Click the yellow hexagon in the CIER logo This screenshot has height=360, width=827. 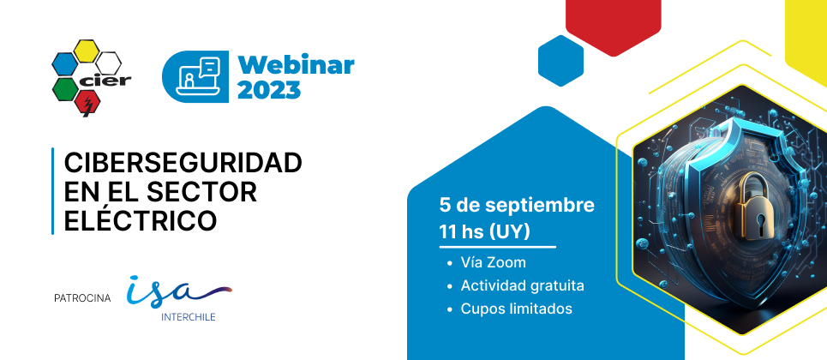(86, 51)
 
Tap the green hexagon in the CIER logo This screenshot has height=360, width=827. (65, 89)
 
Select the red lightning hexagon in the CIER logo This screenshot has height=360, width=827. (87, 102)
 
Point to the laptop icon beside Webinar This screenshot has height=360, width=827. (198, 76)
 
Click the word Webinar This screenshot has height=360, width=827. (296, 65)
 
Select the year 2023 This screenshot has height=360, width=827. (269, 90)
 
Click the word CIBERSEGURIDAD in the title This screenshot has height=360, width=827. (183, 163)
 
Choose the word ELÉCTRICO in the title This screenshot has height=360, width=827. (141, 220)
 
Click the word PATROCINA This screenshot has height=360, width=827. (82, 298)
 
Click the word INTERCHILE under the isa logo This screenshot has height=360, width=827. (189, 318)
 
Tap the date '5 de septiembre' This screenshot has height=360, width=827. (517, 206)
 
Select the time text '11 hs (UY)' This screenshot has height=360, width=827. (484, 232)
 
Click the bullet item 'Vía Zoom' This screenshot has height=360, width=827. (493, 262)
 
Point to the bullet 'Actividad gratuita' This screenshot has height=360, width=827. (522, 285)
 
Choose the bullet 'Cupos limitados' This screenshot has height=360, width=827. (517, 309)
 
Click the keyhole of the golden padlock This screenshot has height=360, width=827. (760, 220)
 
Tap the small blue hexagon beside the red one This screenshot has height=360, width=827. (560, 61)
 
